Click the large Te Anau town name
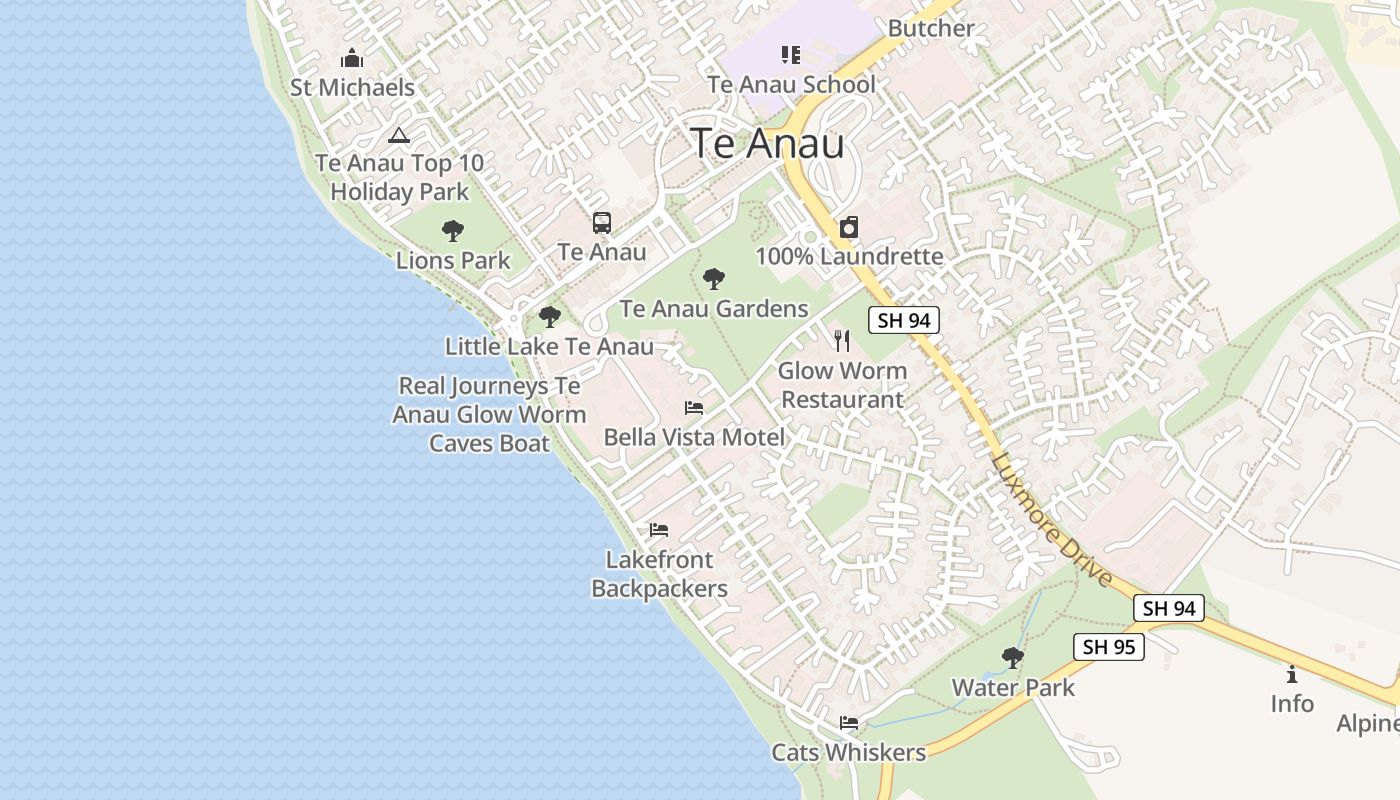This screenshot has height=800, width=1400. click(x=767, y=144)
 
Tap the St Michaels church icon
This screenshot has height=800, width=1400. click(x=352, y=58)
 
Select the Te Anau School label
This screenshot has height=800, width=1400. click(x=791, y=85)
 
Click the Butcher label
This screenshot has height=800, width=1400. click(x=930, y=28)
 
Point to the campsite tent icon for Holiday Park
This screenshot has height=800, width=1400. click(x=399, y=135)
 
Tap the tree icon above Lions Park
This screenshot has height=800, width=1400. click(x=453, y=231)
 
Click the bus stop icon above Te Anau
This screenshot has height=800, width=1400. click(x=601, y=223)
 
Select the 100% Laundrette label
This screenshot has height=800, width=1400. click(x=849, y=257)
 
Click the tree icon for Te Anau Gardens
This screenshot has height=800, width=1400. click(x=714, y=279)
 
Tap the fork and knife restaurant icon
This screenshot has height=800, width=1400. click(x=842, y=341)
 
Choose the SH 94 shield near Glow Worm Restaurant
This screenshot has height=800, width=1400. click(x=903, y=320)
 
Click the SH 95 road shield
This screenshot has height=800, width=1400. click(x=1109, y=647)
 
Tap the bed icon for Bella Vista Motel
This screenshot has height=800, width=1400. click(x=694, y=408)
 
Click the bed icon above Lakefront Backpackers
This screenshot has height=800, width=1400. click(x=658, y=530)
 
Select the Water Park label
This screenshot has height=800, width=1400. click(x=1013, y=688)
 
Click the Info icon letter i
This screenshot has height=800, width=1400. click(x=1292, y=675)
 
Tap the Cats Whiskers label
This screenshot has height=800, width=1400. click(x=848, y=753)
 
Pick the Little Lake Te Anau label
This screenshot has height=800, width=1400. click(x=549, y=347)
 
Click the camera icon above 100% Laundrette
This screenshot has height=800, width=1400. click(x=849, y=227)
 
